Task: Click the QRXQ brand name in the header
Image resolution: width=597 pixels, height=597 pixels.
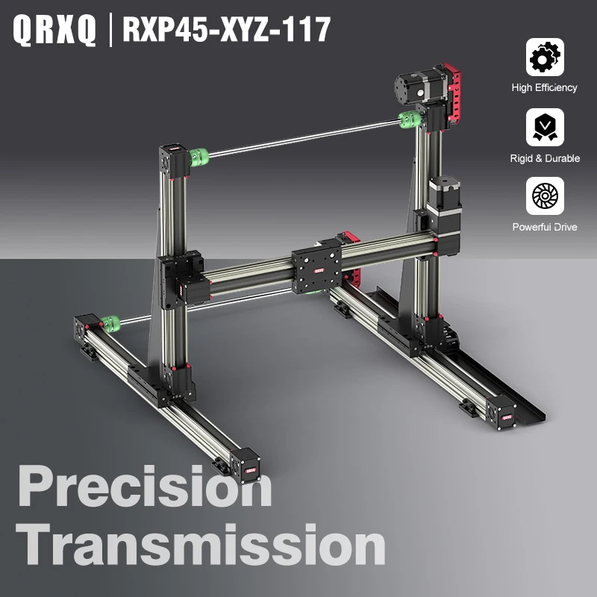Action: (x=54, y=30)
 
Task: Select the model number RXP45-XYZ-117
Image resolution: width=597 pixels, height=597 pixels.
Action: (x=226, y=30)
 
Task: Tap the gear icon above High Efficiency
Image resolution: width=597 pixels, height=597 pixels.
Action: (x=545, y=57)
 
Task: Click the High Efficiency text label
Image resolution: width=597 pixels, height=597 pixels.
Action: (x=545, y=87)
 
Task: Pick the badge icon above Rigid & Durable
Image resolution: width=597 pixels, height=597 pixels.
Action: (x=545, y=127)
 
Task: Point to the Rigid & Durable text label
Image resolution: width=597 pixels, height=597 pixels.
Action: (x=545, y=158)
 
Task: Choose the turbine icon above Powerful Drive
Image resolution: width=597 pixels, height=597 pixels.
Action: (x=545, y=196)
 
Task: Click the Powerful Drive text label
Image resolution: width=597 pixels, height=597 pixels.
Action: (x=545, y=227)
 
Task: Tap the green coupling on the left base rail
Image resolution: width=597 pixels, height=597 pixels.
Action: (x=110, y=323)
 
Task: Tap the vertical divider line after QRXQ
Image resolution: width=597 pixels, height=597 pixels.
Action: (x=110, y=30)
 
